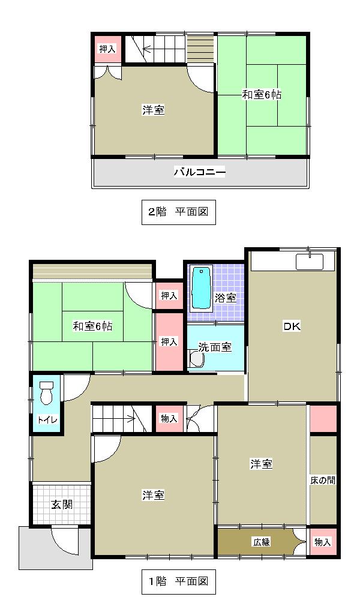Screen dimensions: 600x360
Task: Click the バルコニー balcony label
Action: coord(200,173)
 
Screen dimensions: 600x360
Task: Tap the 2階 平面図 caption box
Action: coord(178,212)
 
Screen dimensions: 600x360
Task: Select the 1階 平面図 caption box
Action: coord(178,581)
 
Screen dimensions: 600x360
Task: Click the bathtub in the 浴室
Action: coord(201,287)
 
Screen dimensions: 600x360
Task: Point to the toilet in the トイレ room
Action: coord(46,394)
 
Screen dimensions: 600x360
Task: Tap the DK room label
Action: coord(292,327)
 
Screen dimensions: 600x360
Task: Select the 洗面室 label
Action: coord(215,348)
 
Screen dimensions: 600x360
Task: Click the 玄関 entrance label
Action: coord(61,504)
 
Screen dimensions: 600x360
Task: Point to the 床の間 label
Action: coord(323,481)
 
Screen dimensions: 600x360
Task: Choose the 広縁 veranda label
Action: coord(262,542)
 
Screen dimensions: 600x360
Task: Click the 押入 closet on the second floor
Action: coord(107,49)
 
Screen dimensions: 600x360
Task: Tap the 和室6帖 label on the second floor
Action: coord(262,95)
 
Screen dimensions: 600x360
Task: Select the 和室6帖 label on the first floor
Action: coord(93,327)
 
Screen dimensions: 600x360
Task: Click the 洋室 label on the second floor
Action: coord(154,110)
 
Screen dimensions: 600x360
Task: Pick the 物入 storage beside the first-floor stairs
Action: coord(169,418)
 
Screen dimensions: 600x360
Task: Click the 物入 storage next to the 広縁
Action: coord(322,542)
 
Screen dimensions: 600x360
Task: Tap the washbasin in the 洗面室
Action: coord(196,359)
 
